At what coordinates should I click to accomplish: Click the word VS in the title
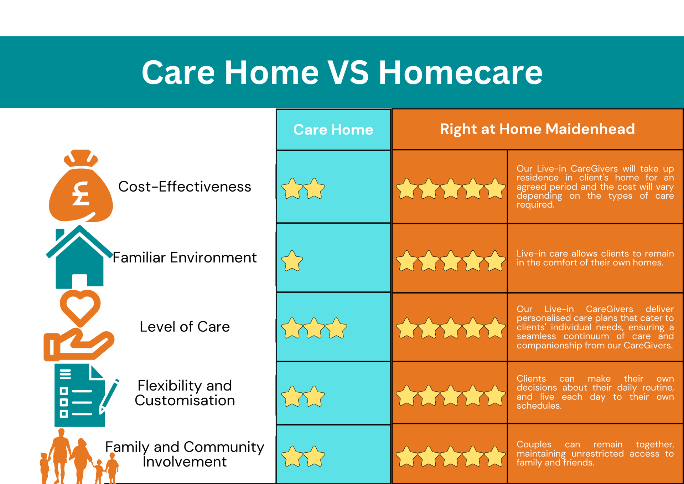348,72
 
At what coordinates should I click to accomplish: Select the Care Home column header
333,129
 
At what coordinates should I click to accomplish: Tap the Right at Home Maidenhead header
537,129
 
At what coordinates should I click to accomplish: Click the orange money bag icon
81,186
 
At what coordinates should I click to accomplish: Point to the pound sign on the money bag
81,194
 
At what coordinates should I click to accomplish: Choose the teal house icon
79,256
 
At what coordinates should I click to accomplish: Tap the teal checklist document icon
80,395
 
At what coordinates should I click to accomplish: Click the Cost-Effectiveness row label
185,187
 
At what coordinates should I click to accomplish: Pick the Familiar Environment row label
185,258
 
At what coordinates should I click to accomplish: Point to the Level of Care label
185,327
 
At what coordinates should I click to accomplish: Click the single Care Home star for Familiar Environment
292,261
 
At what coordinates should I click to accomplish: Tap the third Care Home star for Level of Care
336,328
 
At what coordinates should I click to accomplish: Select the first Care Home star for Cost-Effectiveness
292,188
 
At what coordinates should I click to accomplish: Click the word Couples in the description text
534,445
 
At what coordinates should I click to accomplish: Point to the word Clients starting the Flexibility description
531,378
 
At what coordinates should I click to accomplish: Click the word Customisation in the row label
185,401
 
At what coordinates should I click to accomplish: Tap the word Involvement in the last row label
185,462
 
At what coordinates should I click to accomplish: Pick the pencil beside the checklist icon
109,396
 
